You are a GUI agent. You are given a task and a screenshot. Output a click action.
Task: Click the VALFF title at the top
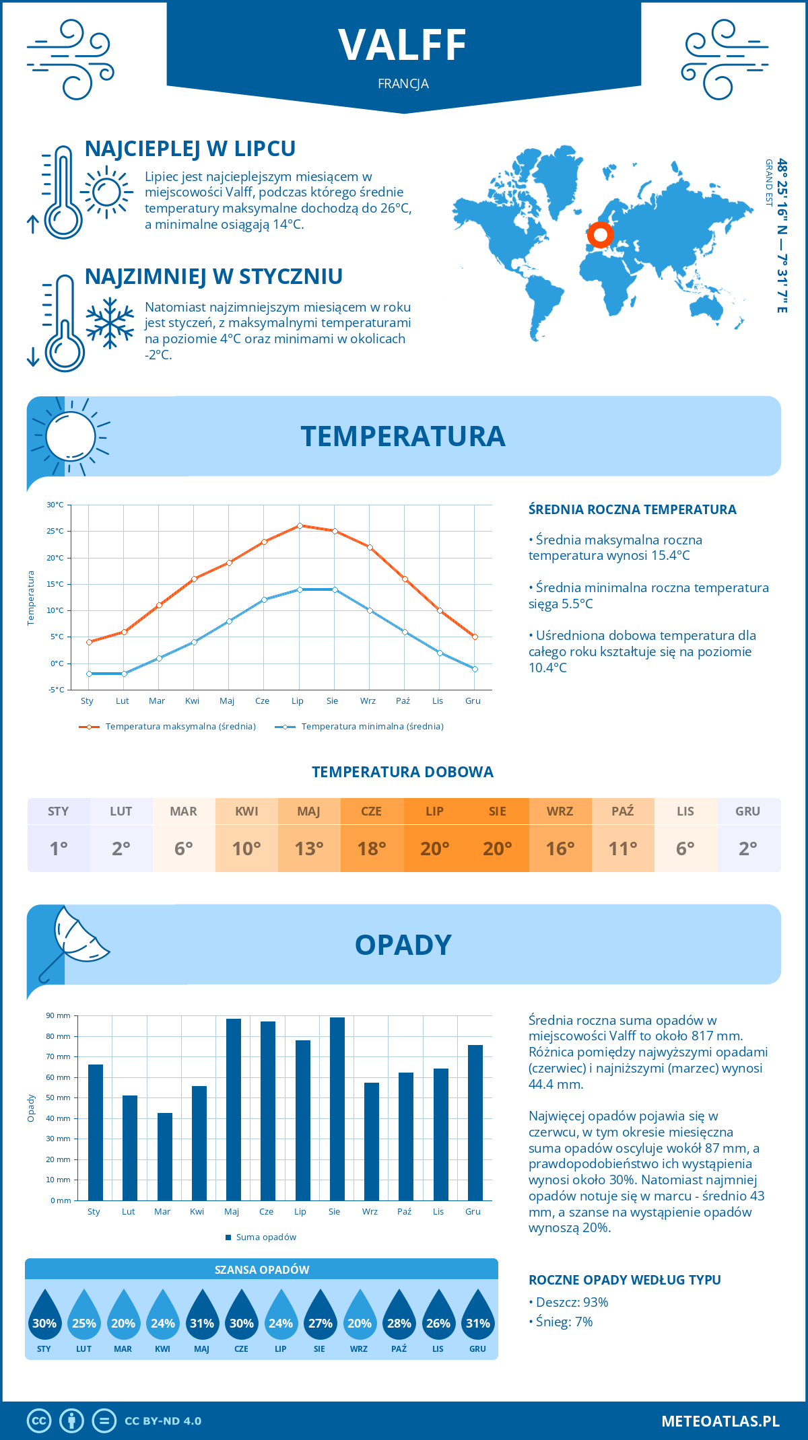point(403,46)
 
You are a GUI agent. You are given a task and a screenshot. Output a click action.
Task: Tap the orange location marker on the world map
point(600,236)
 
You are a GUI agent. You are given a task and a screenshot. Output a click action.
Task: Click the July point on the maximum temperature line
point(300,526)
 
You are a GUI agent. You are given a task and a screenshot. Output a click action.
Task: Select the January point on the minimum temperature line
point(89,674)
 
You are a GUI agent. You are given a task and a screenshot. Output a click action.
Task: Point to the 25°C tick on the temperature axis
point(55,531)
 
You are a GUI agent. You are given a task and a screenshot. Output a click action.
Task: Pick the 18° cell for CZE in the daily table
point(372,849)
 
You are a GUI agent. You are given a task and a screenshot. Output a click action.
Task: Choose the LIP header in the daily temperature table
point(434,812)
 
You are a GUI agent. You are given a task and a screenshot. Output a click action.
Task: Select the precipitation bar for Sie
point(337,1108)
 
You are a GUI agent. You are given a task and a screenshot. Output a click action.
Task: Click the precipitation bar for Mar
point(164,1156)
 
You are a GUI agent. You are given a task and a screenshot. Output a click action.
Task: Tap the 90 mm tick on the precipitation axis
point(59,1015)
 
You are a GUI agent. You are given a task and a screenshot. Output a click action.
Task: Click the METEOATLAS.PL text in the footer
point(720,1421)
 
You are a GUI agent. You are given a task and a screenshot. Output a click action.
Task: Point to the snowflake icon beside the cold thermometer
point(110,322)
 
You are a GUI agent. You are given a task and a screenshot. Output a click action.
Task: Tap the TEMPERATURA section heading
point(403,436)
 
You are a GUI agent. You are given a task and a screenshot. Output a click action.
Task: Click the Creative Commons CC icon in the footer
point(39,1421)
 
